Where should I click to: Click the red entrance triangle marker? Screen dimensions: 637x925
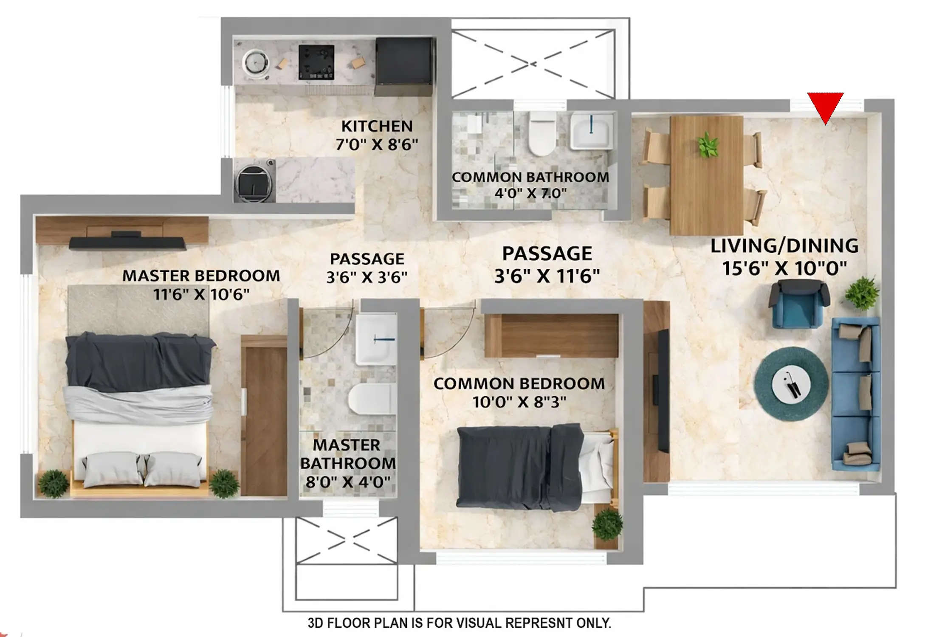825,106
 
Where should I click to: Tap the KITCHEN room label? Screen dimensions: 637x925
377,127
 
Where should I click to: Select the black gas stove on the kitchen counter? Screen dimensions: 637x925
316,62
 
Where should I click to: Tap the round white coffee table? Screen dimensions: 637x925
791,384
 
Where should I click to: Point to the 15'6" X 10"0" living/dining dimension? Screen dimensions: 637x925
784,268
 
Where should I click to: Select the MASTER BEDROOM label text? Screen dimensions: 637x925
201,276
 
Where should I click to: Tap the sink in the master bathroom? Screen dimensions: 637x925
375,339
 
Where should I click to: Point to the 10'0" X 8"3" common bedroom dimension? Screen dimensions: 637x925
519,402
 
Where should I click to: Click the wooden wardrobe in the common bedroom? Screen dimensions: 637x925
551,335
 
